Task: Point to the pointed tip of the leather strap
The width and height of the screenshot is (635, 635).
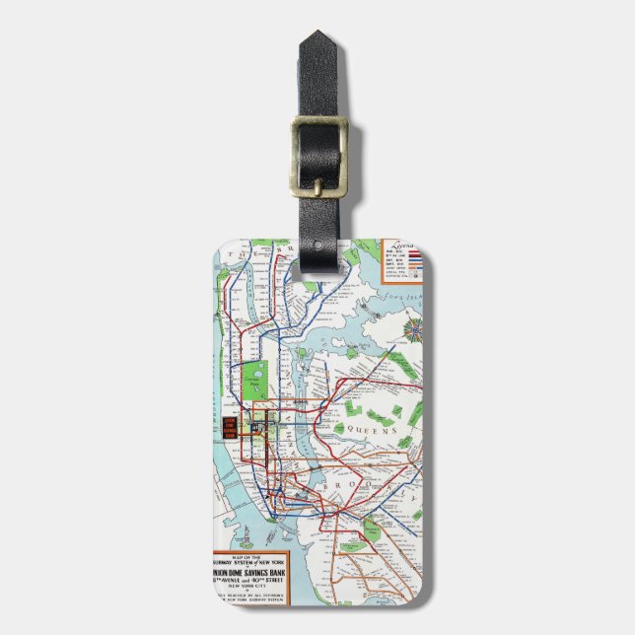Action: (318, 37)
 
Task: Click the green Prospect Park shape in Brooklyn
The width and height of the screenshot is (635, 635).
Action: (371, 532)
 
